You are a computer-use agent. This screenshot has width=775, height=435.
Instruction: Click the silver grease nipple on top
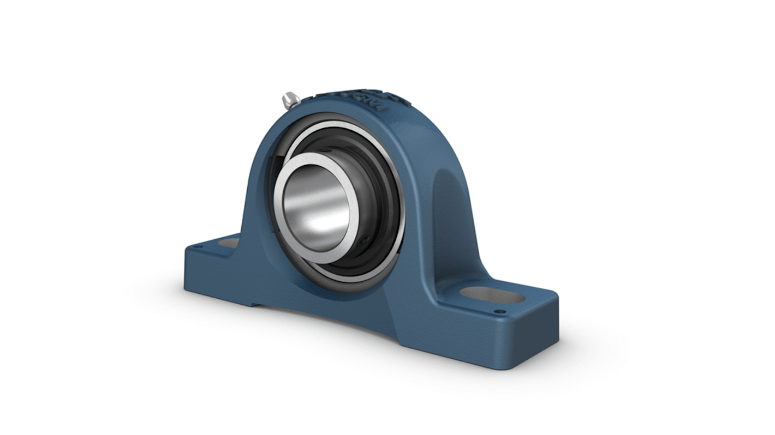[291, 100]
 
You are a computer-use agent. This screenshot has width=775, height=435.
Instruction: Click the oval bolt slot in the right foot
[492, 295]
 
